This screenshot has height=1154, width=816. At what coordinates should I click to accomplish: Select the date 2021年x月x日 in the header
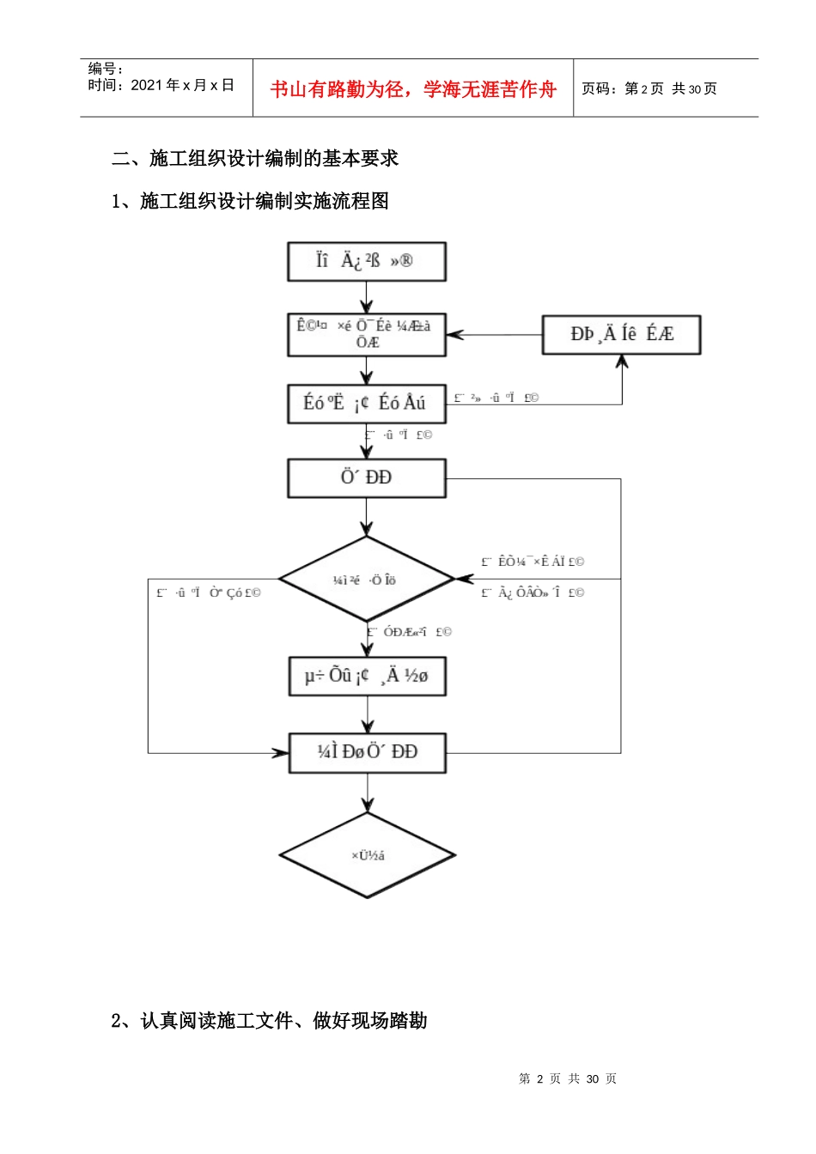pos(161,85)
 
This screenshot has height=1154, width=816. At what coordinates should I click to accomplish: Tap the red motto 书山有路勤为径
pos(413,89)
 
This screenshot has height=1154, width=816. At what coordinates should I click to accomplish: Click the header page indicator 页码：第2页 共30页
pos(649,88)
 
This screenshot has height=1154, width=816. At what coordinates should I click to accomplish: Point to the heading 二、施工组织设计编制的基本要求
pos(255,159)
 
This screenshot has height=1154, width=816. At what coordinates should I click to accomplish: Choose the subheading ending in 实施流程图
pos(250,201)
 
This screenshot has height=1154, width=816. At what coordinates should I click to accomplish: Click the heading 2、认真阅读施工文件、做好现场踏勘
pos(269,1020)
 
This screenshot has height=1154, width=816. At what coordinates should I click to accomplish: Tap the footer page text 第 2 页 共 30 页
pos(568,1078)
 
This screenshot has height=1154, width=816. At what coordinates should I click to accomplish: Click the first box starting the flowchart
pos(367,261)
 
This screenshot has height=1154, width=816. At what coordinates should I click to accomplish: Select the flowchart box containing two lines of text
pos(367,334)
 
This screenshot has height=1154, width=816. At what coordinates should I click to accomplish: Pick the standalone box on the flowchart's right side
pos(621,334)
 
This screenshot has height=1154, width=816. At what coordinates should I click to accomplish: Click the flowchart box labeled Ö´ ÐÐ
pos(367,477)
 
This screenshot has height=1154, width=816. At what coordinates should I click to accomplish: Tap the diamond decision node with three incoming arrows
pos(367,580)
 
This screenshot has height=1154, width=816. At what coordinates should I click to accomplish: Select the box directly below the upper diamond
pos(367,676)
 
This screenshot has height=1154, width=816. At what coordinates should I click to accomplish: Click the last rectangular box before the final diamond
pos(367,752)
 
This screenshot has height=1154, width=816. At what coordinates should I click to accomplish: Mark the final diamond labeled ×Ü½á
pos(367,855)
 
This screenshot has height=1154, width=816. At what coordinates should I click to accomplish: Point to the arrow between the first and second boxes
pos(367,298)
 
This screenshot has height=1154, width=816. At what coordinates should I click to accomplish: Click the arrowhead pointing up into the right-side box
pos(622,361)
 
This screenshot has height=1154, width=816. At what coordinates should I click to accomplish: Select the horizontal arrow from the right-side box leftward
pos(494,335)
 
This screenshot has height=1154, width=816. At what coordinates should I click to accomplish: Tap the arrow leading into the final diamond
pos(367,793)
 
